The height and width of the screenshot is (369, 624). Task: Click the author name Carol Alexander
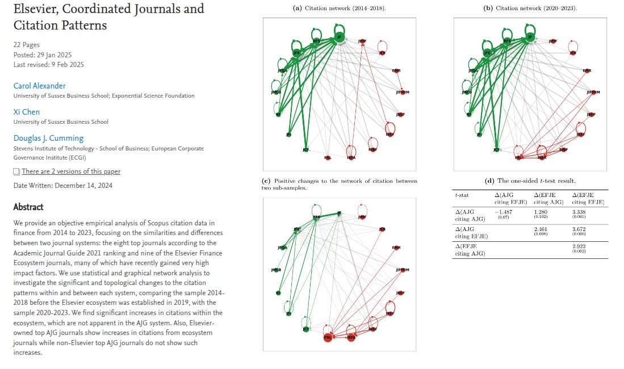(x=39, y=86)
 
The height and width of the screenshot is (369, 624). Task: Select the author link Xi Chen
(x=27, y=112)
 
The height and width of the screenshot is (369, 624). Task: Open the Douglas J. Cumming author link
(x=48, y=138)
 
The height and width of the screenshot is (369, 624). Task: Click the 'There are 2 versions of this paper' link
(x=71, y=171)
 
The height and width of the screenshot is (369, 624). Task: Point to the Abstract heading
(x=28, y=207)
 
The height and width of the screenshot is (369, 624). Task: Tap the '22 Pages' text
(x=27, y=44)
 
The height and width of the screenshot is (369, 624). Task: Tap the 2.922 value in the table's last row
(x=580, y=248)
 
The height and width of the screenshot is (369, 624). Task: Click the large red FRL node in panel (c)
(x=328, y=337)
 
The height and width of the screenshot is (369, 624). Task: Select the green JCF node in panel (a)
(x=306, y=150)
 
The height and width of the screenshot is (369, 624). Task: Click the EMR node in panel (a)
(x=396, y=70)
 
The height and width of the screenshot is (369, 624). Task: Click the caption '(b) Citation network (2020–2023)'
(x=530, y=9)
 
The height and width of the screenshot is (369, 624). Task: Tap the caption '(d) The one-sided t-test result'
(x=530, y=181)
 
